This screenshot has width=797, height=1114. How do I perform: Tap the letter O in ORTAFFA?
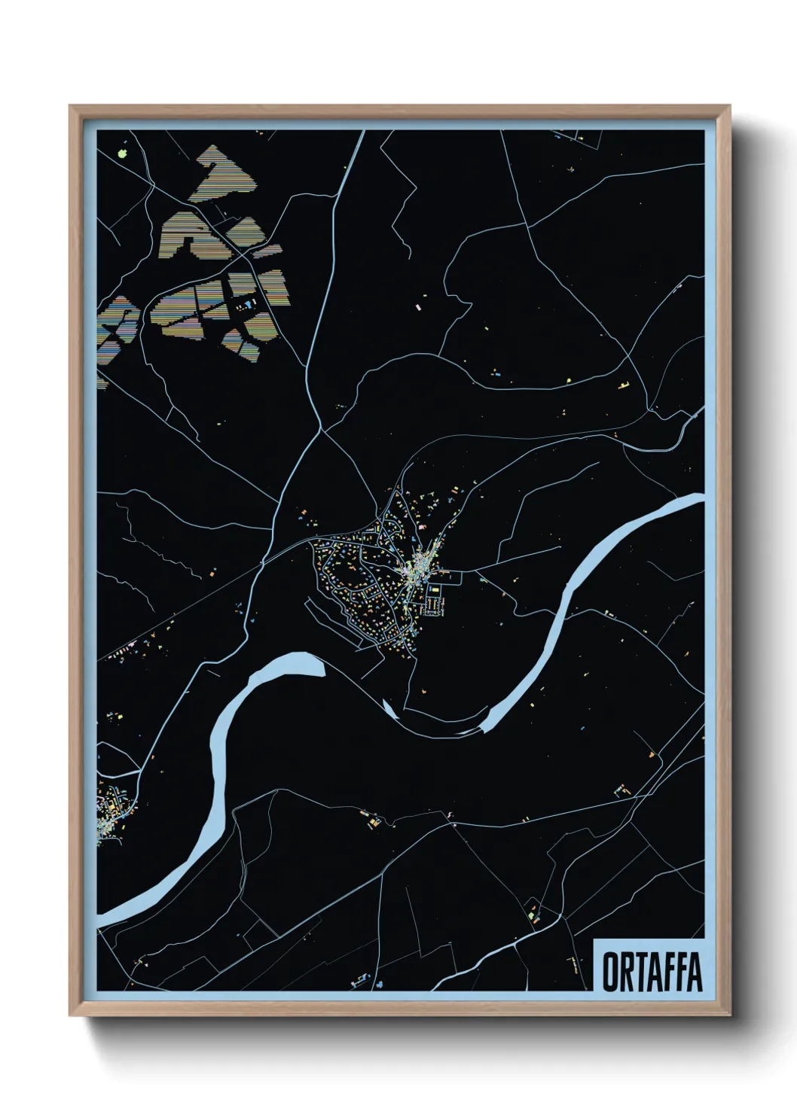point(610,972)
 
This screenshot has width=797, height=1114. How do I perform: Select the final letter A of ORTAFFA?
point(695,972)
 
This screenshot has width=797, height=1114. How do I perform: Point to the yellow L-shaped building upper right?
point(624,386)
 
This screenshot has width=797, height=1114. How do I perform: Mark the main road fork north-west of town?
point(322,430)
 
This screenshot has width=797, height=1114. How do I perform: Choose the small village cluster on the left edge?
point(113,809)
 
